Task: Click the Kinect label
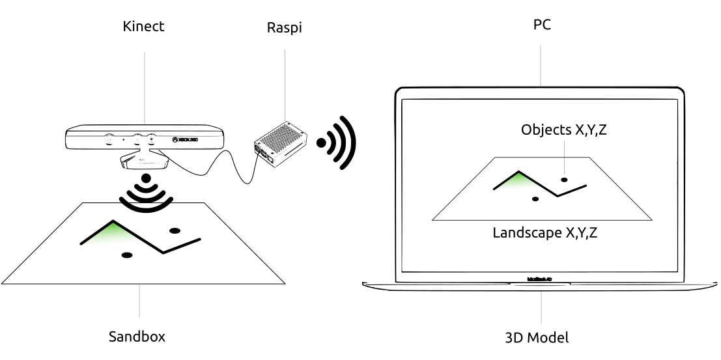coord(143,28)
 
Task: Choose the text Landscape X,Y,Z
coord(544,232)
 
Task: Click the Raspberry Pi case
coord(281,140)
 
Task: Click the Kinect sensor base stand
coord(145,160)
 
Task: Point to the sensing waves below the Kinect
coord(146,194)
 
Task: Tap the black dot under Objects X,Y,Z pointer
coord(565,179)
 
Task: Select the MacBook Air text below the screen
coord(541,277)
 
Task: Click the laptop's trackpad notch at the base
coord(541,284)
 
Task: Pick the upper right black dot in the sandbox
coord(175,230)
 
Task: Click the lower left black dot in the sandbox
coord(127,254)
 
